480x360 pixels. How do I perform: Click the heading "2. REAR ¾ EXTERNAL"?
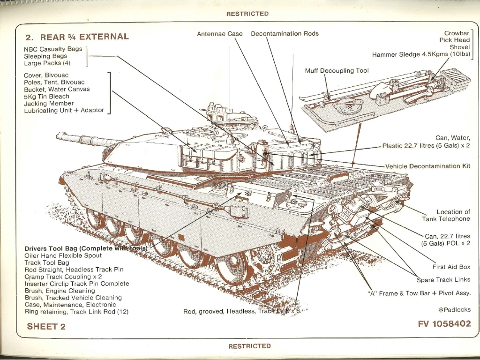pyautogui.click(x=77, y=37)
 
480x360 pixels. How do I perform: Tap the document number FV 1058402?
pyautogui.click(x=444, y=324)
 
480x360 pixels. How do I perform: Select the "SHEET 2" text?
pyautogui.click(x=46, y=326)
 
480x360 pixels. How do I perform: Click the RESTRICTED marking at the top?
pyautogui.click(x=247, y=14)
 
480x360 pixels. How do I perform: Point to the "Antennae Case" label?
pyautogui.click(x=220, y=34)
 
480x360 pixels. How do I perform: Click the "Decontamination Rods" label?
pyautogui.click(x=285, y=34)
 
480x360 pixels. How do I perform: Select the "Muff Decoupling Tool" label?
pyautogui.click(x=337, y=71)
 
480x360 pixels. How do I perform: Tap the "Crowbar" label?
pyautogui.click(x=457, y=33)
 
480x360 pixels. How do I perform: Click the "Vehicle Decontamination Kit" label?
pyautogui.click(x=427, y=166)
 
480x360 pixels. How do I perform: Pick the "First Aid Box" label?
pyautogui.click(x=451, y=267)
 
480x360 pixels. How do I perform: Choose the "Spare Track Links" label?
pyautogui.click(x=443, y=280)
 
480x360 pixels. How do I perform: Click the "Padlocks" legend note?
pyautogui.click(x=454, y=310)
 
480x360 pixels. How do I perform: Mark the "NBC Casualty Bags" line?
pyautogui.click(x=53, y=49)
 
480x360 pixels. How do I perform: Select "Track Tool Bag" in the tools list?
pyautogui.click(x=46, y=262)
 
